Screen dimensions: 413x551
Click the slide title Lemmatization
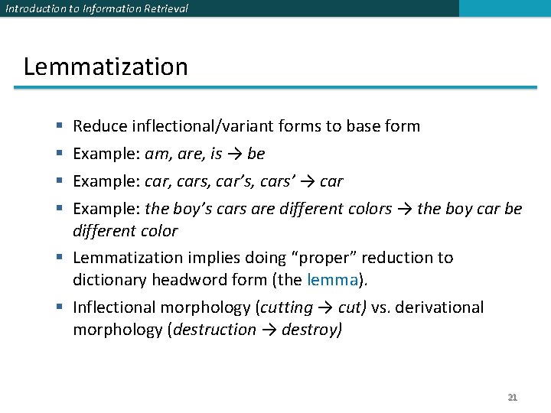click(x=106, y=67)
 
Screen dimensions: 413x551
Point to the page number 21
click(x=513, y=397)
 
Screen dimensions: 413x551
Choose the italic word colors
click(x=367, y=209)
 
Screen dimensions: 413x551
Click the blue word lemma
click(x=332, y=280)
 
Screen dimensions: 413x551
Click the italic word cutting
click(x=287, y=307)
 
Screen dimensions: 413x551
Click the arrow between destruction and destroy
click(x=269, y=330)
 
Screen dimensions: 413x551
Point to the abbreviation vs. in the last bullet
click(x=381, y=307)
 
